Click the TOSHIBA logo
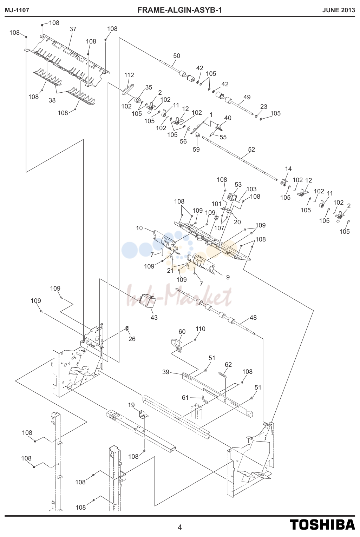click(x=322, y=525)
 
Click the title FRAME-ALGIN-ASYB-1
click(x=179, y=10)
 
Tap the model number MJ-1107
click(x=17, y=10)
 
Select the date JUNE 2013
click(x=339, y=10)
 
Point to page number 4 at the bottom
click(x=179, y=527)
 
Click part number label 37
click(x=73, y=29)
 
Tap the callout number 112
click(x=129, y=75)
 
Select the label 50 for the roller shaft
click(x=177, y=55)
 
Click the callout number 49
click(x=247, y=97)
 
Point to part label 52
click(x=251, y=150)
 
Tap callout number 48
click(x=253, y=317)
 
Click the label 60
click(x=182, y=332)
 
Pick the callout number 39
click(x=166, y=372)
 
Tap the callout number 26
click(x=132, y=339)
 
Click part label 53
click(x=238, y=185)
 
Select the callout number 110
click(x=200, y=329)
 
